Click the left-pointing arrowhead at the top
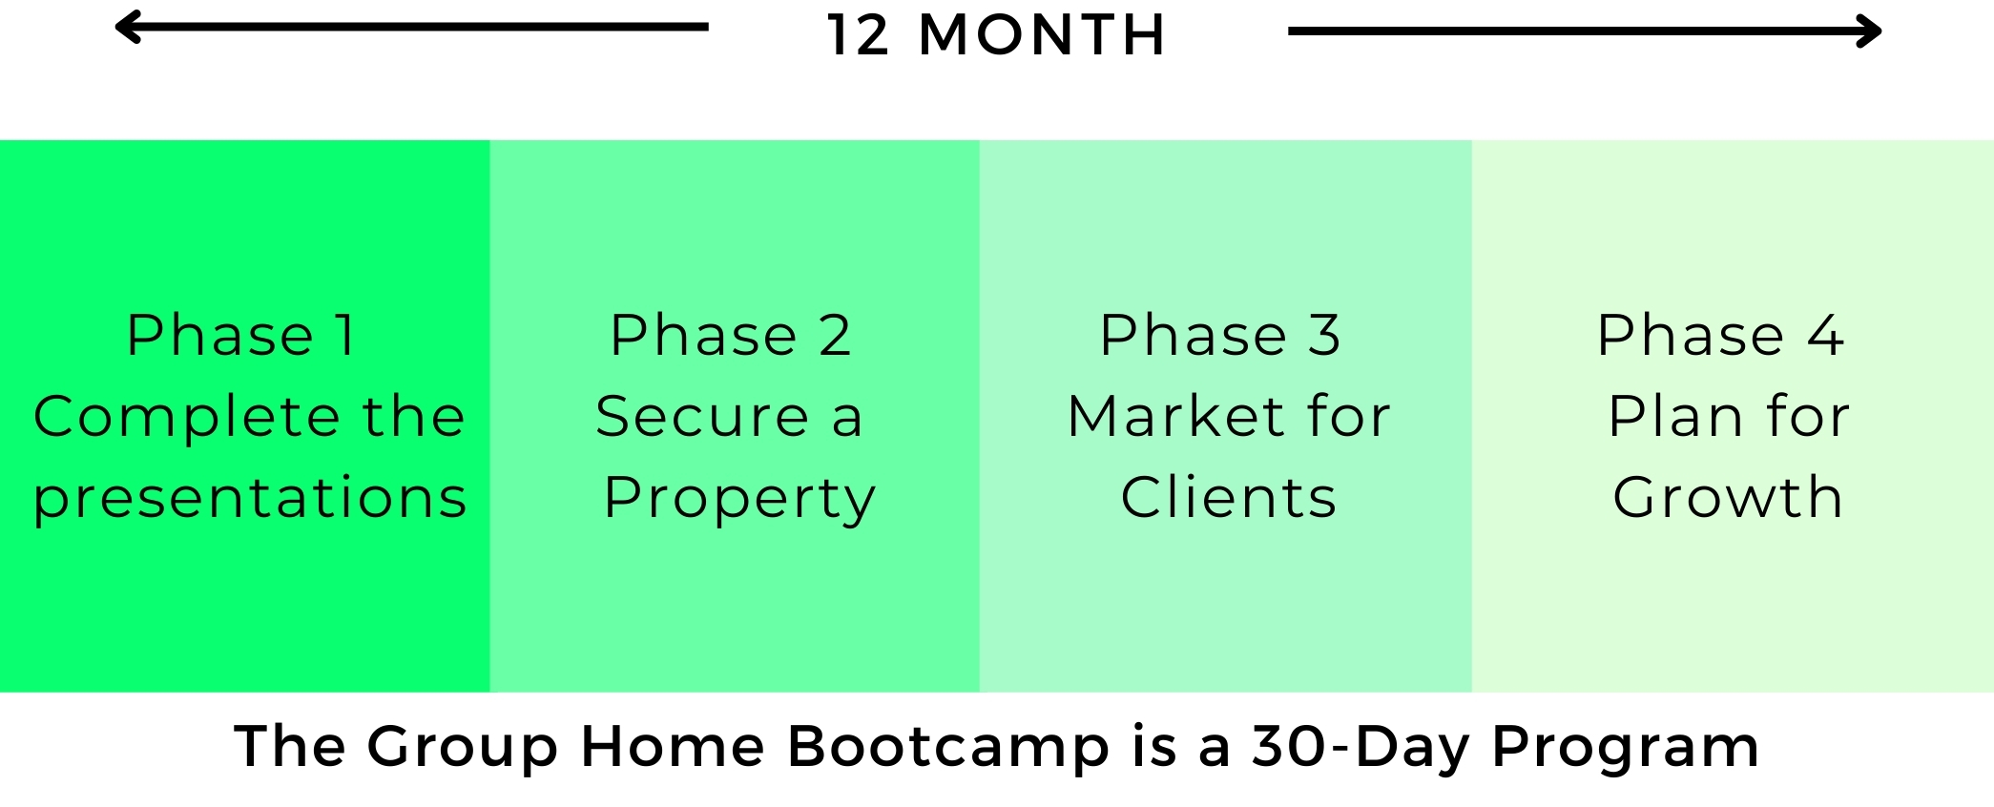point(127,27)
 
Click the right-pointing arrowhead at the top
point(1869,31)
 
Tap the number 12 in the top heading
point(859,35)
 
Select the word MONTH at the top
point(1042,35)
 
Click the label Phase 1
point(241,335)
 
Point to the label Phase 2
point(731,335)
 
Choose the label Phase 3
point(1220,335)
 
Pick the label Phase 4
point(1720,335)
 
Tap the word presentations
point(250,498)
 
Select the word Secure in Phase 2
point(702,416)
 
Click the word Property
point(739,498)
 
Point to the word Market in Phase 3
point(1175,416)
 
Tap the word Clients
point(1229,497)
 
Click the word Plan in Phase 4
point(1676,416)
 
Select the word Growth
point(1728,497)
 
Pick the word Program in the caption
point(1626,747)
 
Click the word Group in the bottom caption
point(463,747)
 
